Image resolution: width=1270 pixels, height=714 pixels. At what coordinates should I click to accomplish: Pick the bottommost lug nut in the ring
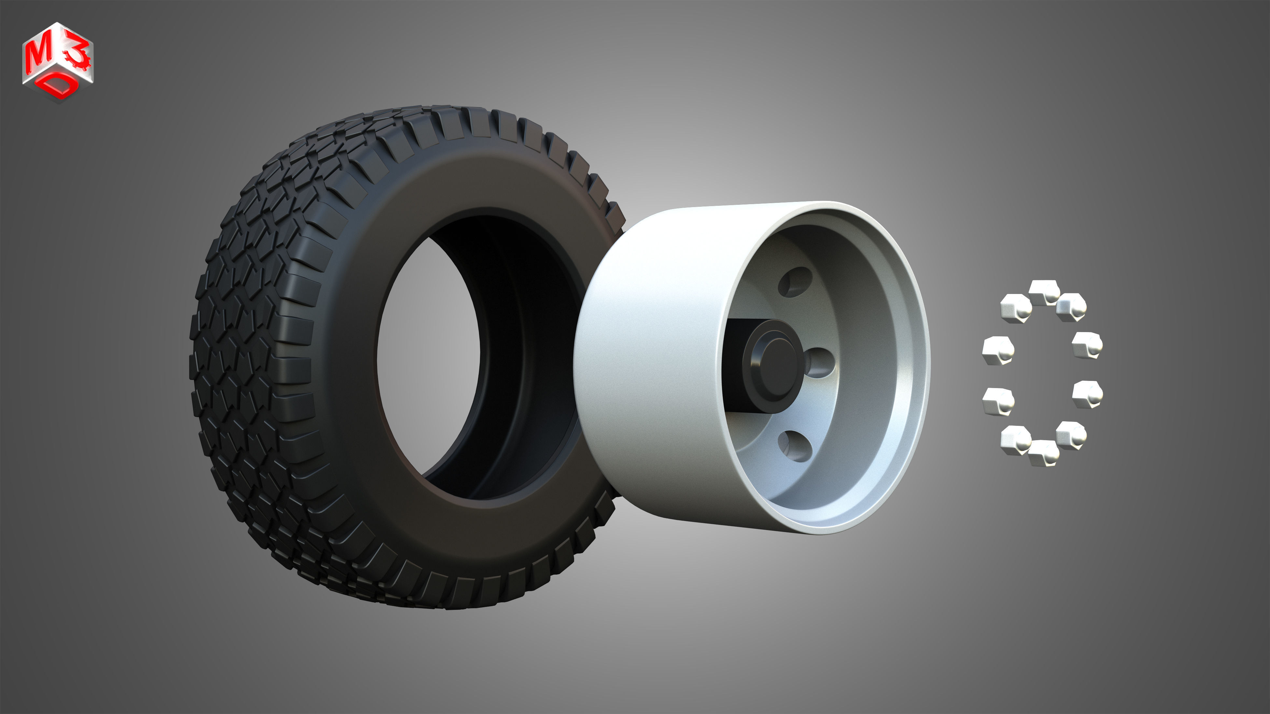[x=1044, y=452]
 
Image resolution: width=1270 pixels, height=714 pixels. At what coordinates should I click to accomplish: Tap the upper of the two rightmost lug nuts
[x=1087, y=345]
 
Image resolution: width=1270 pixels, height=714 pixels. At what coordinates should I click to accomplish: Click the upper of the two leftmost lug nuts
[x=998, y=350]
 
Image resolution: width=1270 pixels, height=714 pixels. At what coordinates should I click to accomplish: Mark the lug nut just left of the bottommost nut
[x=1016, y=438]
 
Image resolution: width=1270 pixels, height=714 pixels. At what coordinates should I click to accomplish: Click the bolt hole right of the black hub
[x=821, y=363]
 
